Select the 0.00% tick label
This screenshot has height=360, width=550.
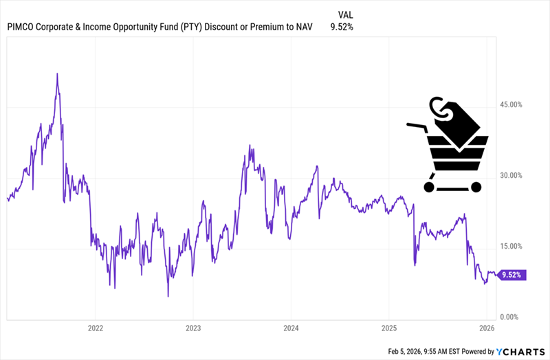(511, 317)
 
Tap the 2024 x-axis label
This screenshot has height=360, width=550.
(291, 328)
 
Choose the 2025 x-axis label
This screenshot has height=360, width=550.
(388, 328)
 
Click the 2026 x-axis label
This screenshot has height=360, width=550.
(486, 328)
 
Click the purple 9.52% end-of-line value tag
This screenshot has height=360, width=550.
(512, 275)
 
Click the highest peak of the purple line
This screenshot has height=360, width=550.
(57, 74)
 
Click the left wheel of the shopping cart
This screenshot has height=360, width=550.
(429, 186)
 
